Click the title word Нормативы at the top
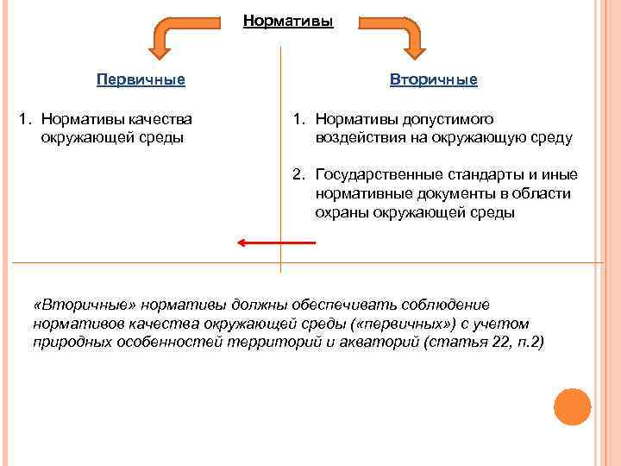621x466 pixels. point(287,21)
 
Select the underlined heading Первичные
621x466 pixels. point(141,79)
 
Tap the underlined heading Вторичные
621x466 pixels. point(433,79)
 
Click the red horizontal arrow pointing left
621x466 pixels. point(276,243)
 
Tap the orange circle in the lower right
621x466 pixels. point(571,406)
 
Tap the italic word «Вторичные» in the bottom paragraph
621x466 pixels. point(73,305)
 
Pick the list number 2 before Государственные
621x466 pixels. point(298,175)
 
